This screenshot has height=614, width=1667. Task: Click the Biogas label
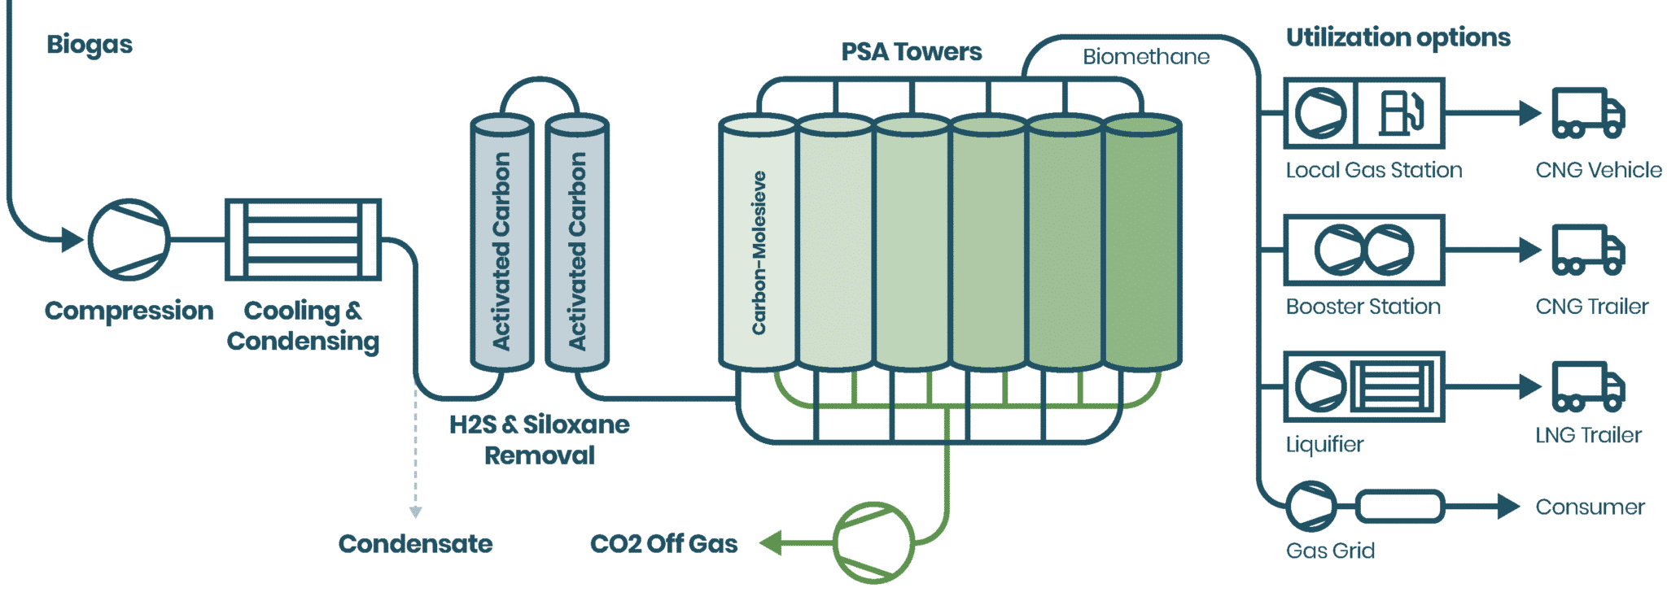90,45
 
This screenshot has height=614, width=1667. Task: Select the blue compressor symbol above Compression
129,239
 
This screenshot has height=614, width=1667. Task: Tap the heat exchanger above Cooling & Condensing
303,239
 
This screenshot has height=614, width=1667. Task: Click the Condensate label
415,543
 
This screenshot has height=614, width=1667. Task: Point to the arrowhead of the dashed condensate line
415,512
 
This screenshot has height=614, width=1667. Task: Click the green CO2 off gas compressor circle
873,542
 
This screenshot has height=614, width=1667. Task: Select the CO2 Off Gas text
663,543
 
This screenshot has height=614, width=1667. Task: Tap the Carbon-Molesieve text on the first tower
759,252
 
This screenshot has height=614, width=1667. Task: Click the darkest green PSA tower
1142,244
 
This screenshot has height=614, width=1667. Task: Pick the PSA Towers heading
911,52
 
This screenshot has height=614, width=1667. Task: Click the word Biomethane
1145,57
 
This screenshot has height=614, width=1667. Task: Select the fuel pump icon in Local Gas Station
1401,113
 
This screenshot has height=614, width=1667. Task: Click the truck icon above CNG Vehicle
1588,113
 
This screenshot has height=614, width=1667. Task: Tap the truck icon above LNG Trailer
1588,386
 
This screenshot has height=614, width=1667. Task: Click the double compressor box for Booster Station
1363,250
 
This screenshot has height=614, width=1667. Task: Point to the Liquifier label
1324,444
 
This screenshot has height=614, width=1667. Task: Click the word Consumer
1590,507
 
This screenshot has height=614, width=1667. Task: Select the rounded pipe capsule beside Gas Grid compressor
1399,507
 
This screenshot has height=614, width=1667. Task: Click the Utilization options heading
1398,37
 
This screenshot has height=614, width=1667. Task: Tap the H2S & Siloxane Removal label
540,439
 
